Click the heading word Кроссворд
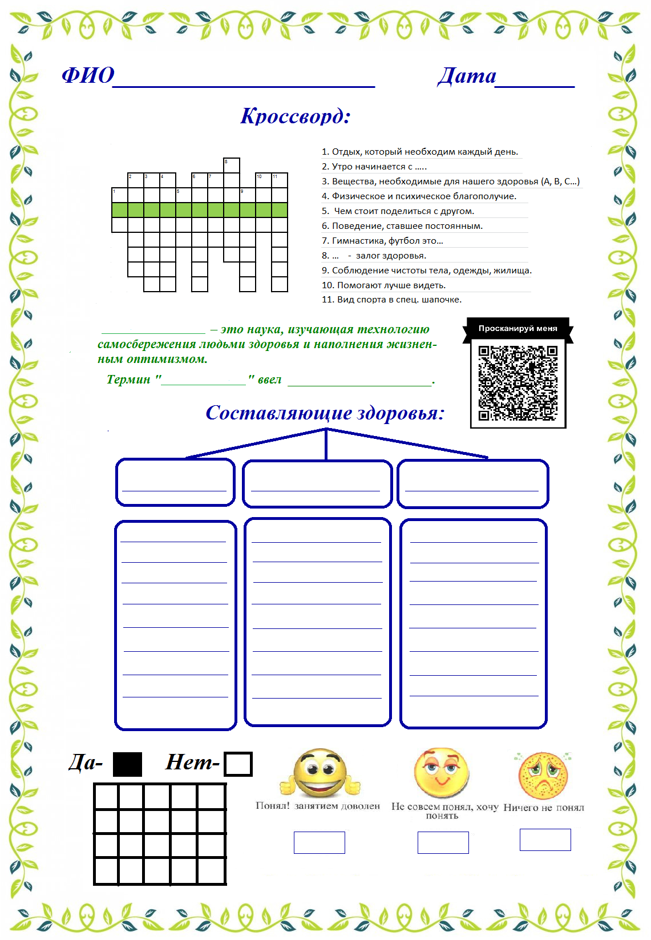[295, 116]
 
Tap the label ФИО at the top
[88, 75]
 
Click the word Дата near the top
[467, 75]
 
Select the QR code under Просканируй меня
[517, 382]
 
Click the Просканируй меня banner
[517, 328]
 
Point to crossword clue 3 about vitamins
[450, 181]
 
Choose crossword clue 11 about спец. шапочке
[391, 300]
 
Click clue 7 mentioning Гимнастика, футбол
[382, 241]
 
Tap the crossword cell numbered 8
[232, 166]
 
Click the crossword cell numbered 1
[119, 195]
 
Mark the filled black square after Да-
[127, 764]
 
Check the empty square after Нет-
[238, 764]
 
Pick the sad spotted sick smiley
[543, 776]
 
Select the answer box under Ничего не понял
[545, 840]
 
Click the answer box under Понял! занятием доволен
[319, 842]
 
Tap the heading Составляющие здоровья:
[325, 413]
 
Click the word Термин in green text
[128, 380]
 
